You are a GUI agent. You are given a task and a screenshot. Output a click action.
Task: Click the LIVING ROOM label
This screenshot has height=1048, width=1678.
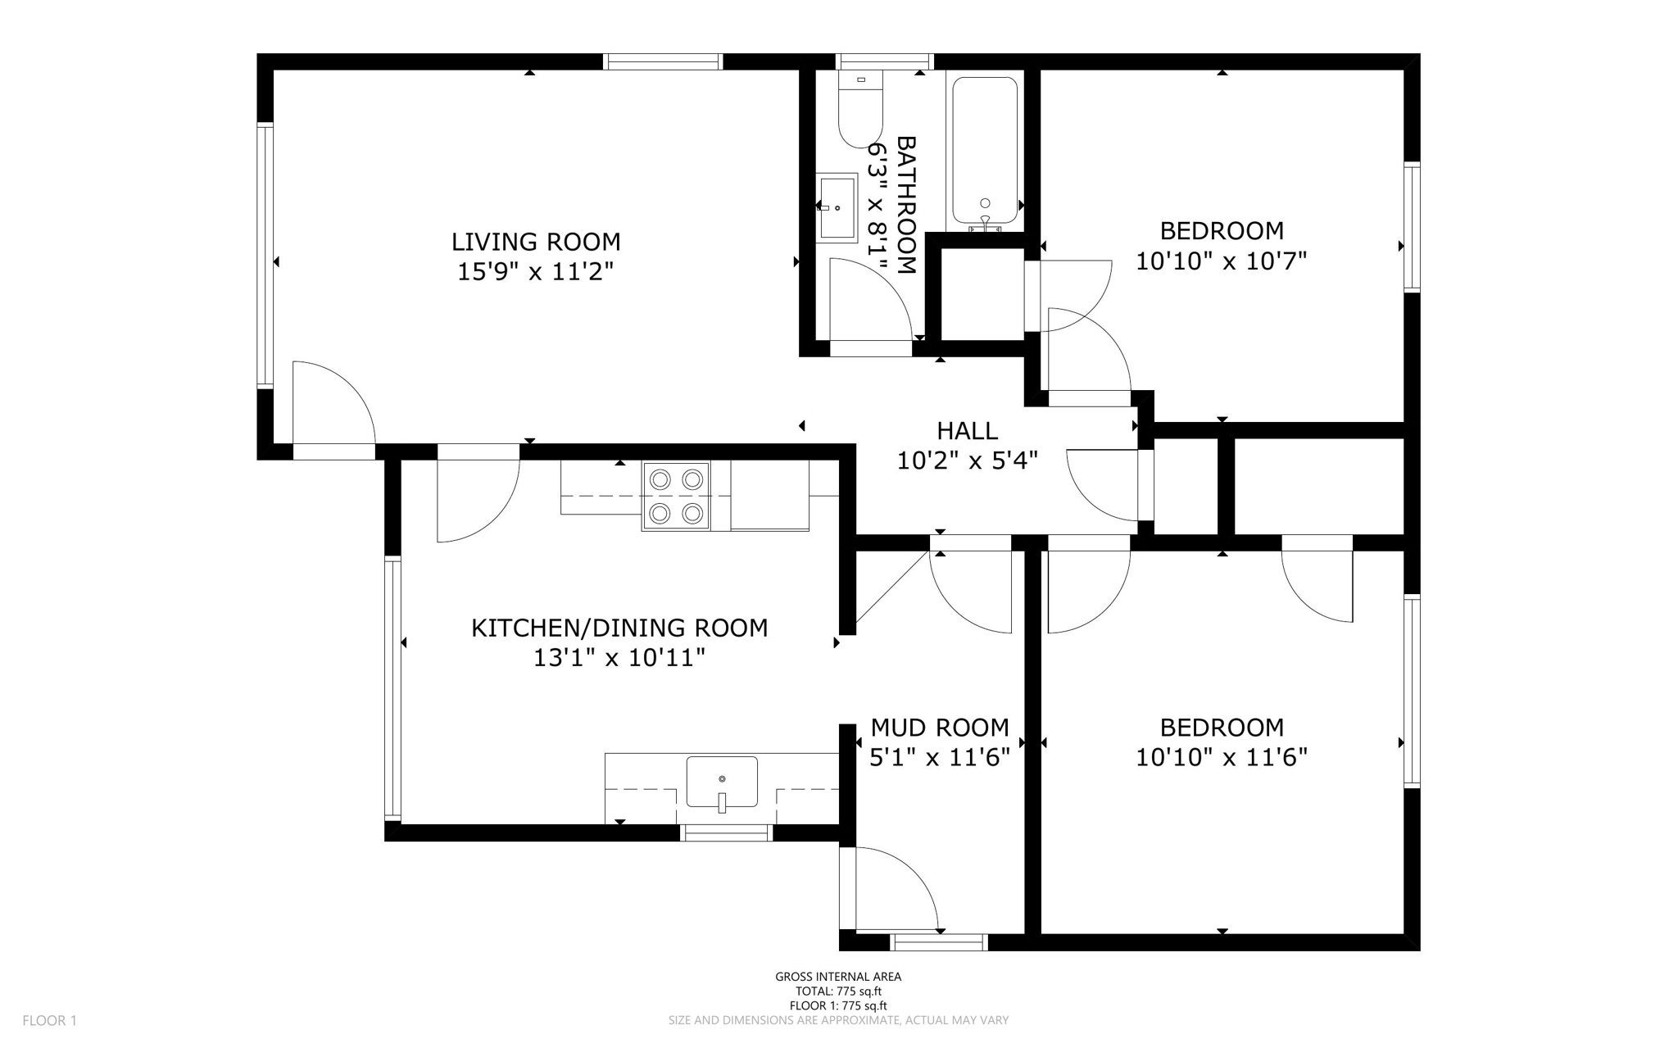coord(536,242)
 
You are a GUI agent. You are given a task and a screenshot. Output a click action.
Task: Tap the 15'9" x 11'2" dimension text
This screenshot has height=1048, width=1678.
coord(536,271)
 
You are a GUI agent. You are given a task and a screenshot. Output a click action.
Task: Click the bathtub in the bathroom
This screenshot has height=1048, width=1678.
coord(985,150)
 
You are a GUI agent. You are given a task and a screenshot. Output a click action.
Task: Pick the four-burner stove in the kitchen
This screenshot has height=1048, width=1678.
coord(676,496)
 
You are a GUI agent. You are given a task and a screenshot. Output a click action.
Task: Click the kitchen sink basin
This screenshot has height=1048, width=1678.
coord(722,783)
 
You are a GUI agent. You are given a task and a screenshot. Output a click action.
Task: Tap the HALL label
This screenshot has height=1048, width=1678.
coord(967,431)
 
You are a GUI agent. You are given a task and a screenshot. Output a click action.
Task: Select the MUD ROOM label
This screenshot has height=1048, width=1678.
coord(940,728)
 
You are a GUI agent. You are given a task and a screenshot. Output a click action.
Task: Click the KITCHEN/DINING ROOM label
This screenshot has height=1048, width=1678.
coord(619,628)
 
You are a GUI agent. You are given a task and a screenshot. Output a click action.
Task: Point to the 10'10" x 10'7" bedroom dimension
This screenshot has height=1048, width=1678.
coord(1221,261)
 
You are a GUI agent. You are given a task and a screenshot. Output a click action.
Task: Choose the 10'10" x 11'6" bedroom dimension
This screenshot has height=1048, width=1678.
coord(1221,757)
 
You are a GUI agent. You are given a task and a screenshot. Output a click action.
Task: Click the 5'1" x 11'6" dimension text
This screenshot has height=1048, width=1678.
coord(940,757)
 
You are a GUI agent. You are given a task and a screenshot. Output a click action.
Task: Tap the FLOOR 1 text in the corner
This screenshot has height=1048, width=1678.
coord(49,1021)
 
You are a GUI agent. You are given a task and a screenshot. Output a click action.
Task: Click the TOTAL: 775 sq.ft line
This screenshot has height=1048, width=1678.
coord(838,991)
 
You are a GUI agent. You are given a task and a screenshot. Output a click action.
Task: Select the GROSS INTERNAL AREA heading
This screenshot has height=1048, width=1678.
coord(838,977)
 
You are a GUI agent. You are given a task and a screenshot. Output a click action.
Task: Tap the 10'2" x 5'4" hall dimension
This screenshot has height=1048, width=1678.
coord(967,460)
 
